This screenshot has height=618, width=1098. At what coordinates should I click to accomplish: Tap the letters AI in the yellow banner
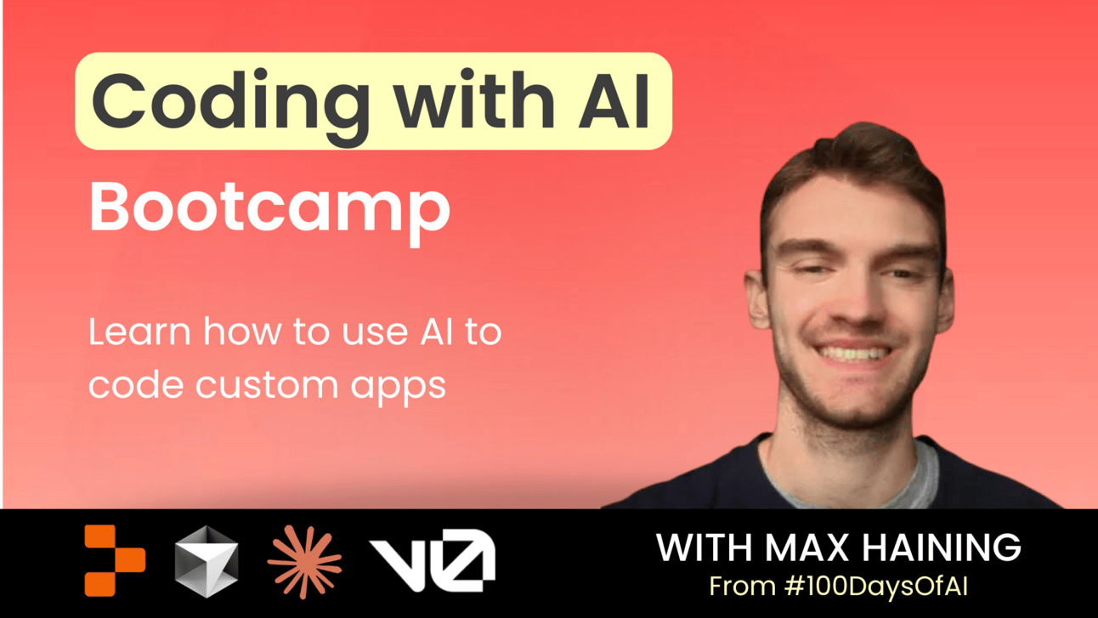(614, 101)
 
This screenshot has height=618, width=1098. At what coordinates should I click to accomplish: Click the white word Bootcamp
(269, 213)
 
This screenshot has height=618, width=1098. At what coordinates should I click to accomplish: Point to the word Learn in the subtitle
(139, 332)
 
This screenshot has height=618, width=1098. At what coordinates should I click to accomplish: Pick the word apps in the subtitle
(398, 389)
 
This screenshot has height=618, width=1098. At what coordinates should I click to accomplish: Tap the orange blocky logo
(115, 560)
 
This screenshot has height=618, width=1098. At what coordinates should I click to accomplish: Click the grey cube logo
(207, 562)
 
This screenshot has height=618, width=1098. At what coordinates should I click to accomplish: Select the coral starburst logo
(304, 562)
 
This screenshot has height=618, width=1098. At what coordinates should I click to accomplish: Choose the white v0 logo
(433, 560)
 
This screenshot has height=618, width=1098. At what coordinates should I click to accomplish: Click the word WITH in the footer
(704, 547)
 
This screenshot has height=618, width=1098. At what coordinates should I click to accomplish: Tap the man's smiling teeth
(853, 353)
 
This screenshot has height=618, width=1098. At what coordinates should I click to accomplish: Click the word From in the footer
(743, 587)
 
